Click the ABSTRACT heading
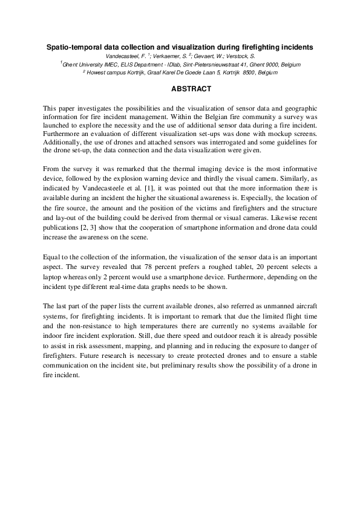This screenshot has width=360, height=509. tap(191, 89)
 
